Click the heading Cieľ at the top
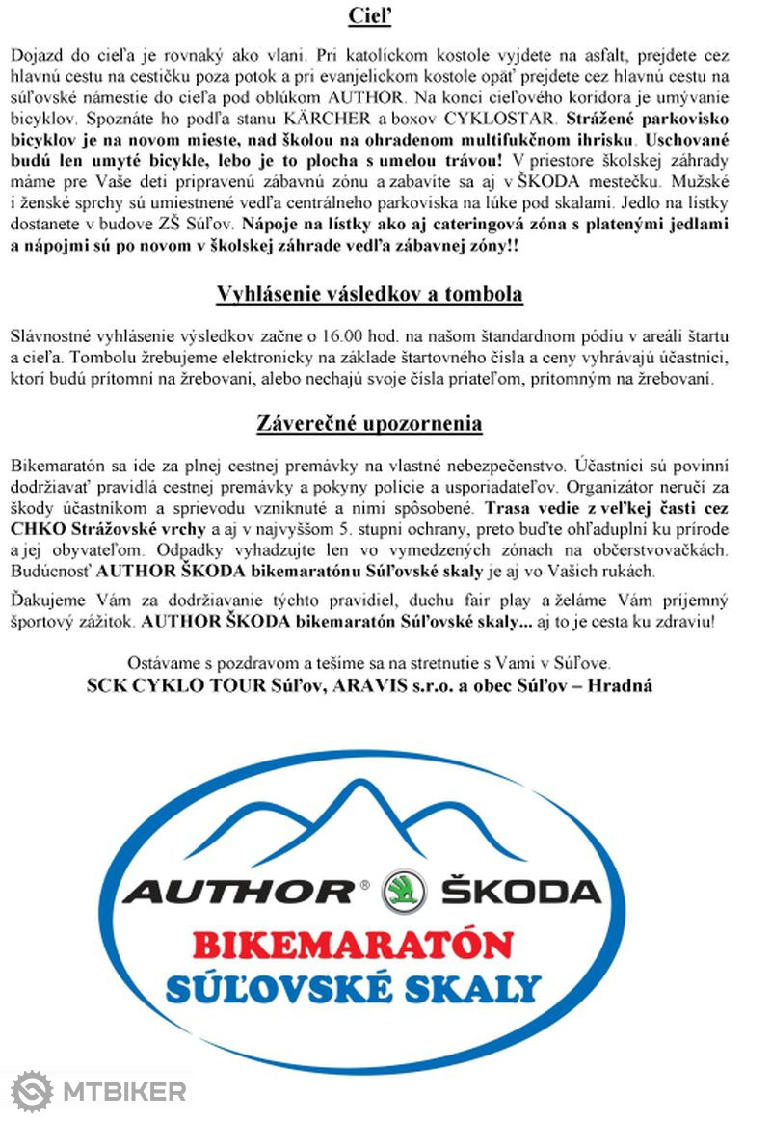point(369,16)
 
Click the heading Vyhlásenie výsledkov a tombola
point(369,293)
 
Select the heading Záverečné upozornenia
point(369,423)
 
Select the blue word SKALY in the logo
point(482,988)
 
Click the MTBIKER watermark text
point(123,1092)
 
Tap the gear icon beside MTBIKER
point(31,1092)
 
